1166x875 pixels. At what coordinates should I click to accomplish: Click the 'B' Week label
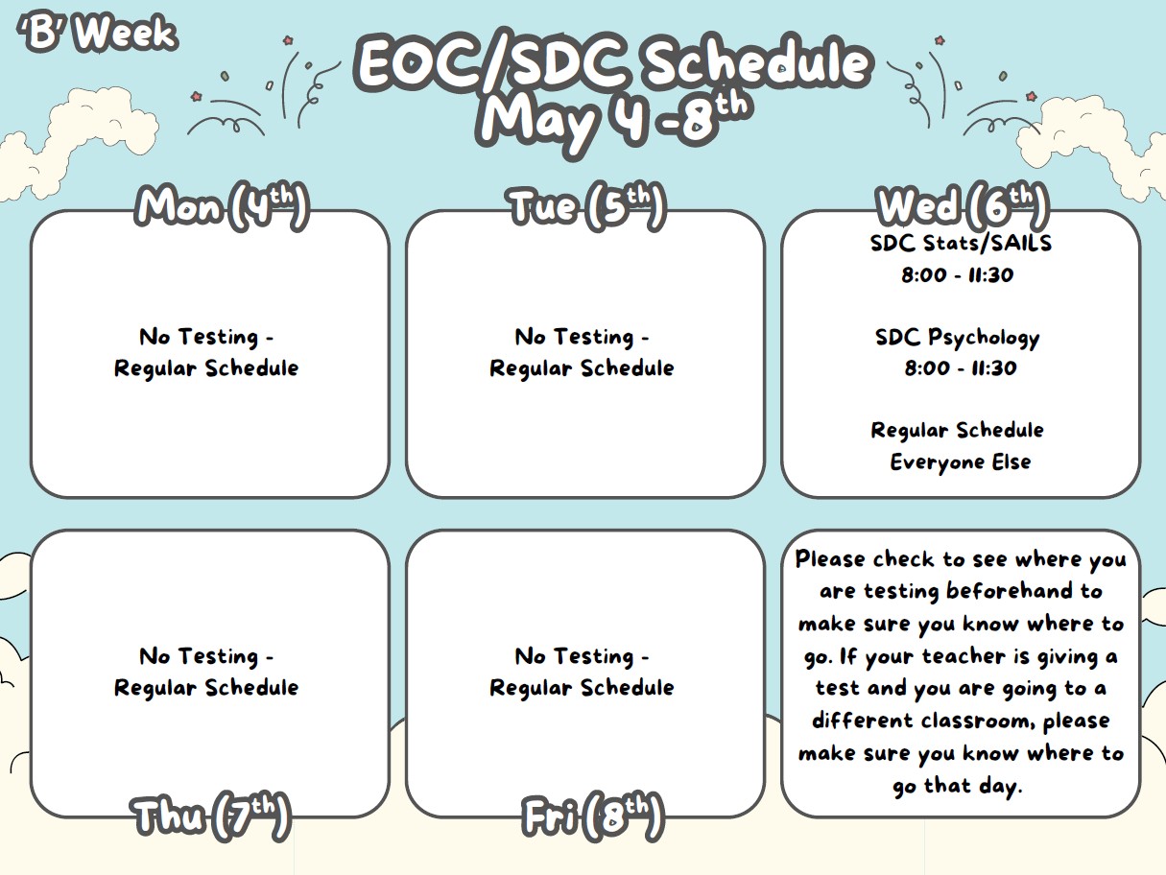coord(97,34)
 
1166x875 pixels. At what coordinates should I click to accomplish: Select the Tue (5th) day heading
coord(586,205)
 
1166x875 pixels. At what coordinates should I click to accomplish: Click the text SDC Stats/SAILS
coord(961,243)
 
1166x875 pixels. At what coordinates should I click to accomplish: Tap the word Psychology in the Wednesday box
coord(984,338)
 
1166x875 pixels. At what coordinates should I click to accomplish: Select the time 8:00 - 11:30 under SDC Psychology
coord(960,368)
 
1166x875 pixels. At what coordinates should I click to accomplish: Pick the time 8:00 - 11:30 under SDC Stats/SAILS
coord(957,275)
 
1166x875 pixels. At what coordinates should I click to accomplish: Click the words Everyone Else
coord(960,462)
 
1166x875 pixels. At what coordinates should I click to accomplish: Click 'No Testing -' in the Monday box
coord(206,337)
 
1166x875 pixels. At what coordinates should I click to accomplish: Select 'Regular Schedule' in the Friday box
coord(582,688)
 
